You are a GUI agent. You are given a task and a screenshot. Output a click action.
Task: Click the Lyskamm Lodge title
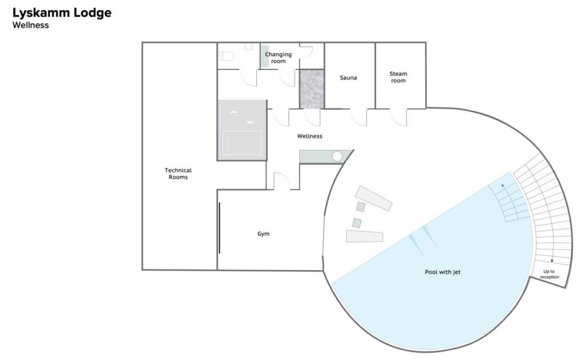point(62,13)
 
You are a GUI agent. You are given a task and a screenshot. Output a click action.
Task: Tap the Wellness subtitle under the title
point(31,25)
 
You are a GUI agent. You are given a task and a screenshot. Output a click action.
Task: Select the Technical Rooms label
point(179,173)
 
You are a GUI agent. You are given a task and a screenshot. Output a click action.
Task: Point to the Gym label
point(263,234)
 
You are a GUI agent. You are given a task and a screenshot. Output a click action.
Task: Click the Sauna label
point(349,78)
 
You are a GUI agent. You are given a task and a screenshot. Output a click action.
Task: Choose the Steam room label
point(398,77)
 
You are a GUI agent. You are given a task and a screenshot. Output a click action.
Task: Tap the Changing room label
point(279,58)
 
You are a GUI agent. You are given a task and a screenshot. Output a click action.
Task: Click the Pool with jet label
point(443,272)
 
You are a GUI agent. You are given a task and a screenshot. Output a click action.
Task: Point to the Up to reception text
point(549,274)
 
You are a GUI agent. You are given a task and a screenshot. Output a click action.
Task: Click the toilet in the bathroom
point(227,56)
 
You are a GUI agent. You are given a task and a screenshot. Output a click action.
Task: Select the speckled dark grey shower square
point(312,89)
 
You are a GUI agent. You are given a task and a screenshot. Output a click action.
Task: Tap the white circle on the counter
point(337,156)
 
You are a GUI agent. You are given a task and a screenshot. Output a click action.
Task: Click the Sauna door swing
point(359,117)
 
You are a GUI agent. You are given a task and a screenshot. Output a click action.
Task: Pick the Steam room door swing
point(399,117)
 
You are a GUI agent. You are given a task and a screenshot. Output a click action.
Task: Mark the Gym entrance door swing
point(282,181)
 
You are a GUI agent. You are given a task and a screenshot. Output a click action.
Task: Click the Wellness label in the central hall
point(310,136)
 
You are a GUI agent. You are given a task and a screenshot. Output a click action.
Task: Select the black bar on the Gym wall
point(219,228)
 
